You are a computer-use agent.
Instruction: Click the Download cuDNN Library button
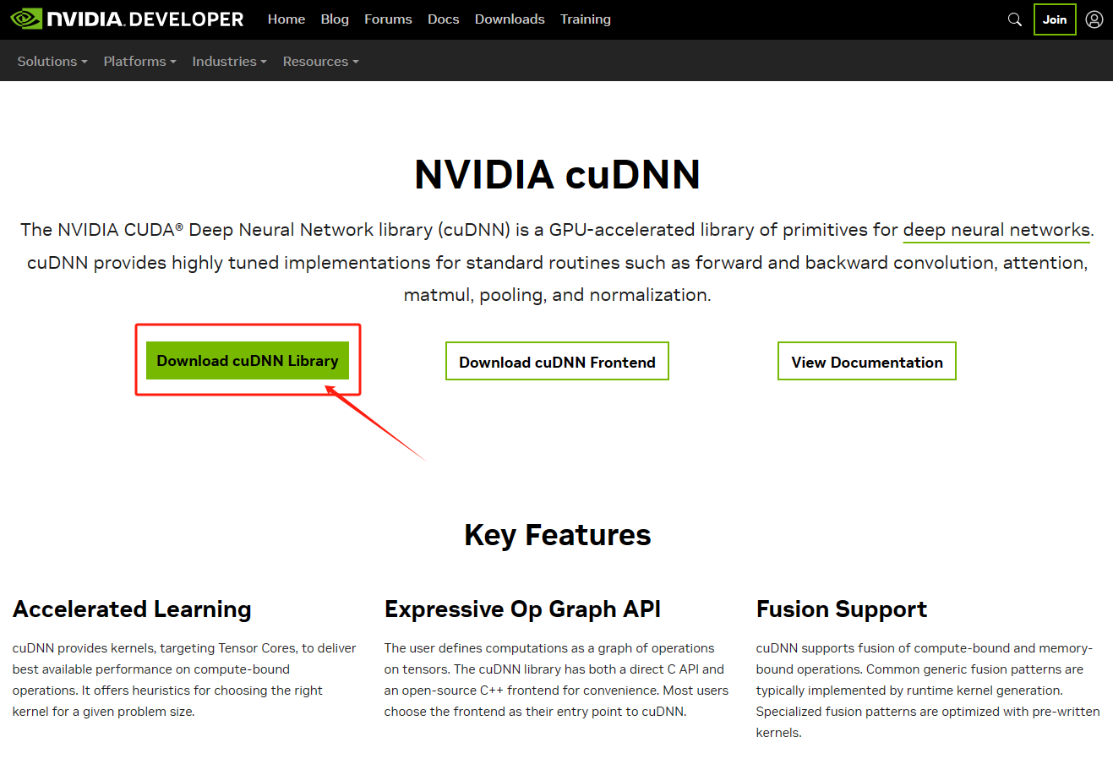(x=248, y=361)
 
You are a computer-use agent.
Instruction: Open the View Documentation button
(x=866, y=362)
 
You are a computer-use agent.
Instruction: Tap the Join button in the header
(x=1054, y=19)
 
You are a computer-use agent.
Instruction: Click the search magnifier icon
(x=1015, y=19)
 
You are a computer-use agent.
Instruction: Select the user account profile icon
(x=1094, y=19)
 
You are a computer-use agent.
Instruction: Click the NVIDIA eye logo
(x=26, y=19)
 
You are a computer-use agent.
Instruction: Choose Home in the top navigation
(x=286, y=19)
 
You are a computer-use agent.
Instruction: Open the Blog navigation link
(x=335, y=19)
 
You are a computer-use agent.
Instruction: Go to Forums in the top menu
(x=388, y=19)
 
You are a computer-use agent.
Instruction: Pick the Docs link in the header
(x=444, y=19)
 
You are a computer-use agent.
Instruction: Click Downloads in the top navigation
(x=510, y=19)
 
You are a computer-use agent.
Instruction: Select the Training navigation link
(x=586, y=19)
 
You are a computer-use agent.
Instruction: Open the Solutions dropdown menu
(x=52, y=62)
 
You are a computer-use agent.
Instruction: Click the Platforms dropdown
(x=139, y=62)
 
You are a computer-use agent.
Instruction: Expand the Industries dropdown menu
(x=229, y=62)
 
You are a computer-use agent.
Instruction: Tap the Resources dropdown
(x=320, y=62)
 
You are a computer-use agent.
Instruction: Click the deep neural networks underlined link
(x=996, y=230)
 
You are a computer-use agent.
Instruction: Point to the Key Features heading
(x=558, y=535)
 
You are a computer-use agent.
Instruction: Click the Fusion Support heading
(x=842, y=609)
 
